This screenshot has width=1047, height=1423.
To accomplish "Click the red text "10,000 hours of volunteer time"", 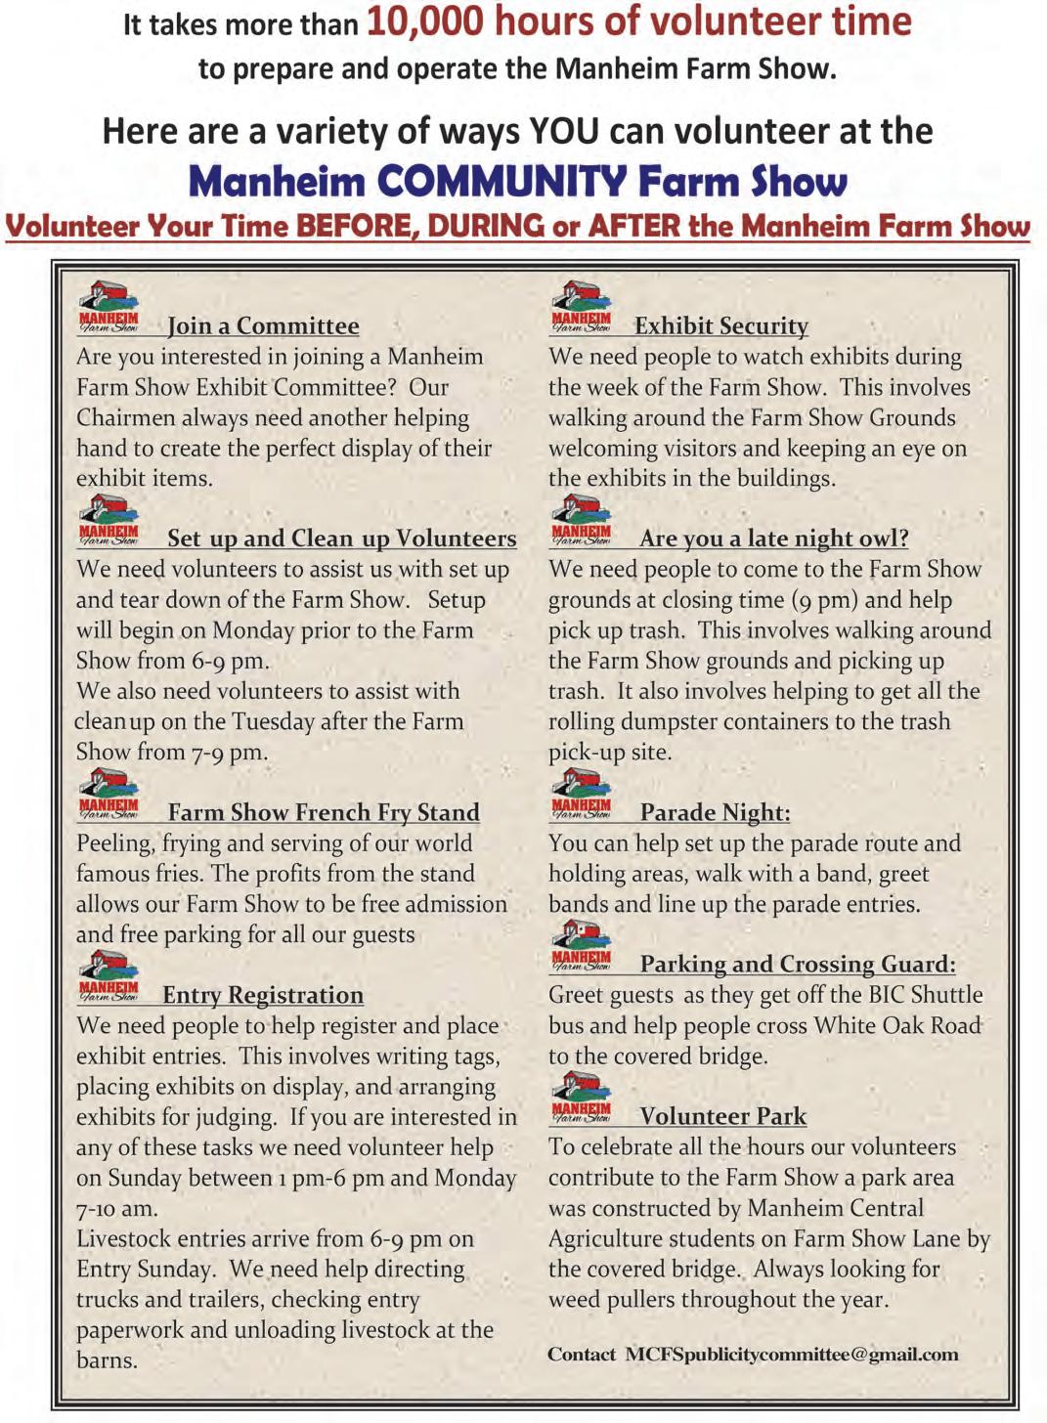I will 638,22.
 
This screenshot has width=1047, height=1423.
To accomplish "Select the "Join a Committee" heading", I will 263,326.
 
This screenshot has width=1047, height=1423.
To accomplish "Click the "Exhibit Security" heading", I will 721,326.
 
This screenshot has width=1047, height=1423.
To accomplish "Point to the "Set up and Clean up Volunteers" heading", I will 341,539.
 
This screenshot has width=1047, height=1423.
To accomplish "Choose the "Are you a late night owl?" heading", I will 773,539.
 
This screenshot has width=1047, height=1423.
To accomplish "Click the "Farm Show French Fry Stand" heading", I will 324,813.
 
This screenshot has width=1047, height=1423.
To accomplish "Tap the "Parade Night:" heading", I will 715,813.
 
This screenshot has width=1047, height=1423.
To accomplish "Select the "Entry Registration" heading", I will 263,996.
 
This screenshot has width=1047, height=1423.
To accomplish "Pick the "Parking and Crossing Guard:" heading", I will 798,965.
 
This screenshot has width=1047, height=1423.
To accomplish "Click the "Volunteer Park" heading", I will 722,1117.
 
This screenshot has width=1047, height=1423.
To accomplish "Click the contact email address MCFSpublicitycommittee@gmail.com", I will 792,1355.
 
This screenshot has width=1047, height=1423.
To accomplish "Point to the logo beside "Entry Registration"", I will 109,977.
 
